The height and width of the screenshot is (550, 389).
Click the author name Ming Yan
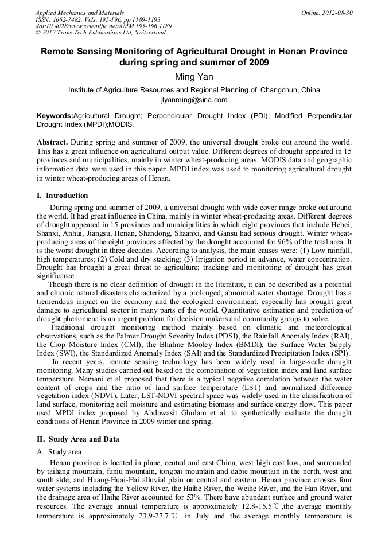click(194, 77)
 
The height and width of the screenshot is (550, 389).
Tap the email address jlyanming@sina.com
click(194, 99)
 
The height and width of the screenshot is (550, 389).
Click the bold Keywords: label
click(55, 116)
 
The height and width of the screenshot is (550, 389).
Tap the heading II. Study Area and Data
click(78, 439)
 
